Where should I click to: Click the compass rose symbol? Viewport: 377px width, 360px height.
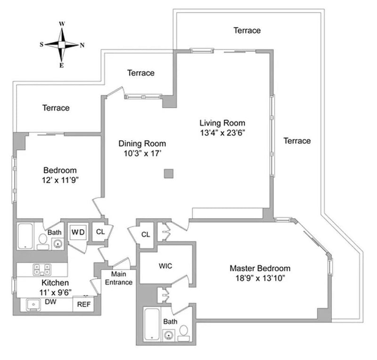[62, 45]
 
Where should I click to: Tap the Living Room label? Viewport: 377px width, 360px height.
[222, 123]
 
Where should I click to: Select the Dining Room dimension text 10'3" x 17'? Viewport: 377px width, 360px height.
[142, 152]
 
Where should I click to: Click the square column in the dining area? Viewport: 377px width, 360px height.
[169, 174]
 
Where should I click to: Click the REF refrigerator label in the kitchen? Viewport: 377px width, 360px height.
[83, 304]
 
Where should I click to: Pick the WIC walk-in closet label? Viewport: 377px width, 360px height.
[166, 266]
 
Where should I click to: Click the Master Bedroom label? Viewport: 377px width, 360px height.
[260, 268]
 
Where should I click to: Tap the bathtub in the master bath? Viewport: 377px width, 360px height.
[152, 325]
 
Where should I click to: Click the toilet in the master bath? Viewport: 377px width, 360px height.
[184, 332]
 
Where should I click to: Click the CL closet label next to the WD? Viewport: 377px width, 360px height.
[100, 232]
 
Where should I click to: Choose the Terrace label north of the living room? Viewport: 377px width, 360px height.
[297, 141]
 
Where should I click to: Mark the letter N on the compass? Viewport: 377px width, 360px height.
[82, 45]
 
